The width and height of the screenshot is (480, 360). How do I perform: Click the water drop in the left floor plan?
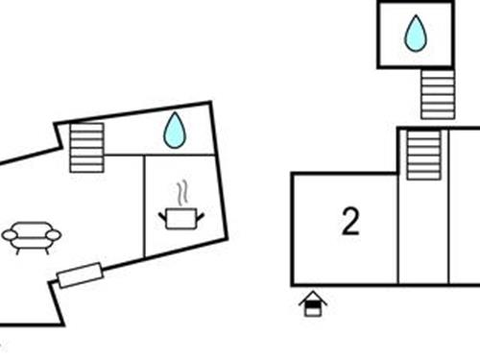174,131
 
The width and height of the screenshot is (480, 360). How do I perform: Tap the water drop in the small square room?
415,34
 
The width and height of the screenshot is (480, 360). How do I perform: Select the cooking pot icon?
180,218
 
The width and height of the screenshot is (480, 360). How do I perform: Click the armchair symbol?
32,234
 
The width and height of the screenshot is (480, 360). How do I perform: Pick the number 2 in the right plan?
350,222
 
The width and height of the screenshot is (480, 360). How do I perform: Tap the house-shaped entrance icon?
312,304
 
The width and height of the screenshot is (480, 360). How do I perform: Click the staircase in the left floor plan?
85,148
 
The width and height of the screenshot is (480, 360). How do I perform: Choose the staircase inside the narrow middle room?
423,156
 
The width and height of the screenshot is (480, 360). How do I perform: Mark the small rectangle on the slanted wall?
79,275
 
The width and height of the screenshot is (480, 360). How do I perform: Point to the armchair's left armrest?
9,233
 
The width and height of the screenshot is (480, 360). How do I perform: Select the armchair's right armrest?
55,233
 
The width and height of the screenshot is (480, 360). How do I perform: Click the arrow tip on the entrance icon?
312,295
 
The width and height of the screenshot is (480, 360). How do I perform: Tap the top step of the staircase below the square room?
436,75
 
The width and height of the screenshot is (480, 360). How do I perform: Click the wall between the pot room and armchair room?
144,206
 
